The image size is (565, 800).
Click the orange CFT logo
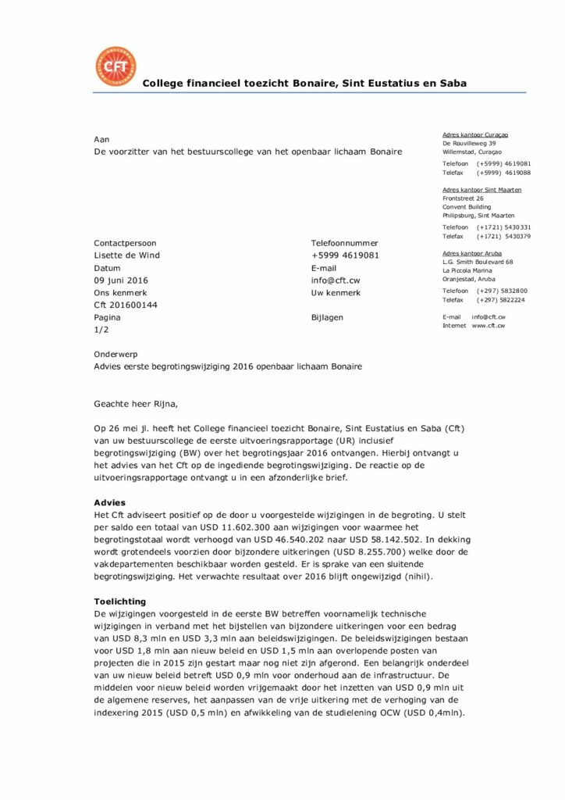coord(115,66)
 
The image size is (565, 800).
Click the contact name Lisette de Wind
coord(126,255)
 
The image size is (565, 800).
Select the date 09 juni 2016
coord(121,280)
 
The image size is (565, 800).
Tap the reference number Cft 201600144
coord(125,305)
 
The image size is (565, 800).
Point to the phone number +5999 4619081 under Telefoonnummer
coord(345,255)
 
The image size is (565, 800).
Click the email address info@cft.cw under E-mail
coord(336,280)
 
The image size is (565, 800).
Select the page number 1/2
coord(101,330)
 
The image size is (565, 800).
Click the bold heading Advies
coord(109,502)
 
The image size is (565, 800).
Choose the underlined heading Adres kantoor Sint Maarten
coord(481,190)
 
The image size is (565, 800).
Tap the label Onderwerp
coord(115,354)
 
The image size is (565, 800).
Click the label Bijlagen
coord(327,318)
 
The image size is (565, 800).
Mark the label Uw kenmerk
coord(336,293)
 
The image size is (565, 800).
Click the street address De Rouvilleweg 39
coord(469,144)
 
